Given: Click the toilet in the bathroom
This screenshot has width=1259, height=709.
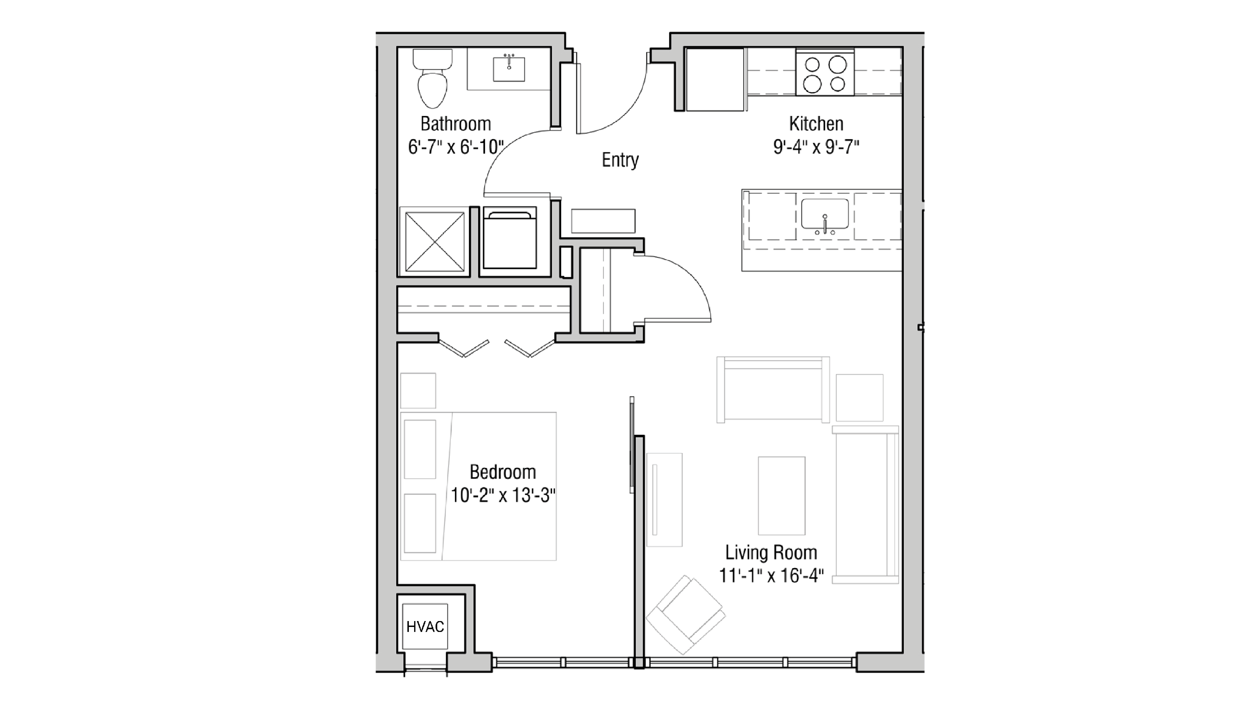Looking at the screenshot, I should click(433, 81).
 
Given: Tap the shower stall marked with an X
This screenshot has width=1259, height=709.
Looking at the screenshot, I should click(435, 242).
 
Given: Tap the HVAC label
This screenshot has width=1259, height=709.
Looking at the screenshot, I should click(425, 627).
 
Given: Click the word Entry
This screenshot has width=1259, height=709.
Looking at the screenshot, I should click(620, 160).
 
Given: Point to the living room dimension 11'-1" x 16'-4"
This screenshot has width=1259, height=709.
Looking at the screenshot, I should click(771, 576).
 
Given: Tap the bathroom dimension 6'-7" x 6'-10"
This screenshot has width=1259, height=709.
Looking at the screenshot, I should click(456, 147).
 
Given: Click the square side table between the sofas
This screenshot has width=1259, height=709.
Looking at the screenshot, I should click(859, 398).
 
